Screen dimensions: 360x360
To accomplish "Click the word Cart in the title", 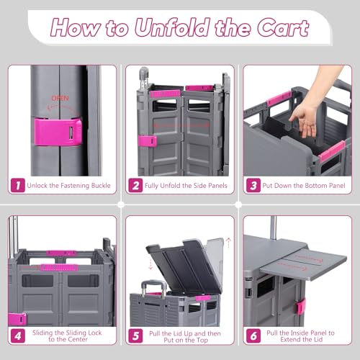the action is tap(283, 28).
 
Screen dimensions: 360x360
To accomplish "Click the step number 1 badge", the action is tap(18, 185).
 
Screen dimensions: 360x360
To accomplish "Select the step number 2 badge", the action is tap(135, 185).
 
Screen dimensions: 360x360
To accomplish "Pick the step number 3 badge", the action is tap(253, 185).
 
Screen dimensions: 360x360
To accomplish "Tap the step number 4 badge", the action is tap(18, 336).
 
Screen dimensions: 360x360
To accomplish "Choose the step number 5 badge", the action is tap(135, 336).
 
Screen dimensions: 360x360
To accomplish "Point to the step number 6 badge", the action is tap(253, 336).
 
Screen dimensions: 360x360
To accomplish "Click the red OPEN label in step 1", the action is tap(60, 98).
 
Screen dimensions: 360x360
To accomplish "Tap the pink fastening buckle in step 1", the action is tap(58, 132).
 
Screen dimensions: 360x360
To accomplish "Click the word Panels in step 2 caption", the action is tap(217, 186).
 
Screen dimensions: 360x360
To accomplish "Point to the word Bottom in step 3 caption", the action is tap(305, 186).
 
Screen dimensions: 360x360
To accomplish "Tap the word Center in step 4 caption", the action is tap(76, 339).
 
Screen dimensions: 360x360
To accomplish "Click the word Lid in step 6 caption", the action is tap(318, 340).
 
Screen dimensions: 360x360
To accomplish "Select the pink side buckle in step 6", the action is tap(301, 307).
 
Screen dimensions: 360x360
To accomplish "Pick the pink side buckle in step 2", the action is tap(148, 141).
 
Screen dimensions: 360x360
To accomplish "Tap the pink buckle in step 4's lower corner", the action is tap(17, 319).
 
